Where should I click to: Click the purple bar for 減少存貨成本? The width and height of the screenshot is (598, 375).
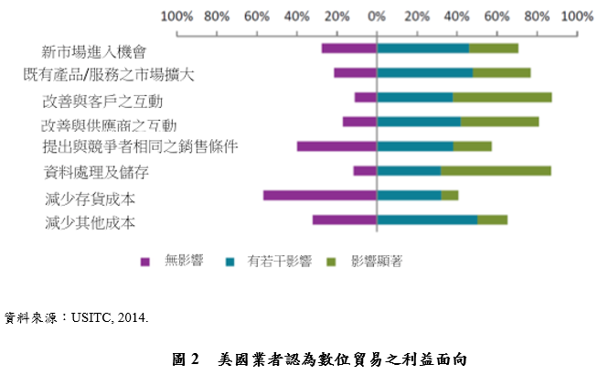tap(320, 195)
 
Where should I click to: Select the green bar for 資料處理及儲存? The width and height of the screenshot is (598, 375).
tap(496, 170)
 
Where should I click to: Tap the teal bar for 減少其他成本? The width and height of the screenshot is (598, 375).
tap(427, 220)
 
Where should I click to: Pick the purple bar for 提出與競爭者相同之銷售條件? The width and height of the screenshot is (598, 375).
tap(336, 145)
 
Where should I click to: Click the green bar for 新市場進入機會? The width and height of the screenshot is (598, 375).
tap(494, 48)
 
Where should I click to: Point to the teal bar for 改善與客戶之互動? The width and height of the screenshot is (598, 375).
tap(415, 97)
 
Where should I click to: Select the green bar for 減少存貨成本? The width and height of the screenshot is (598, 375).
tap(450, 195)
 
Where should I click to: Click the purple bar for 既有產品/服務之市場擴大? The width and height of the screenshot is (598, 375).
tap(355, 72)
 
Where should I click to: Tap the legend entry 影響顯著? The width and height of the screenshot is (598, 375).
tap(368, 261)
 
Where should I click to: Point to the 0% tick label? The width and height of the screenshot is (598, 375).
tap(377, 16)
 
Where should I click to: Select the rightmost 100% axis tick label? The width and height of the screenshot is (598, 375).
tap(577, 16)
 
